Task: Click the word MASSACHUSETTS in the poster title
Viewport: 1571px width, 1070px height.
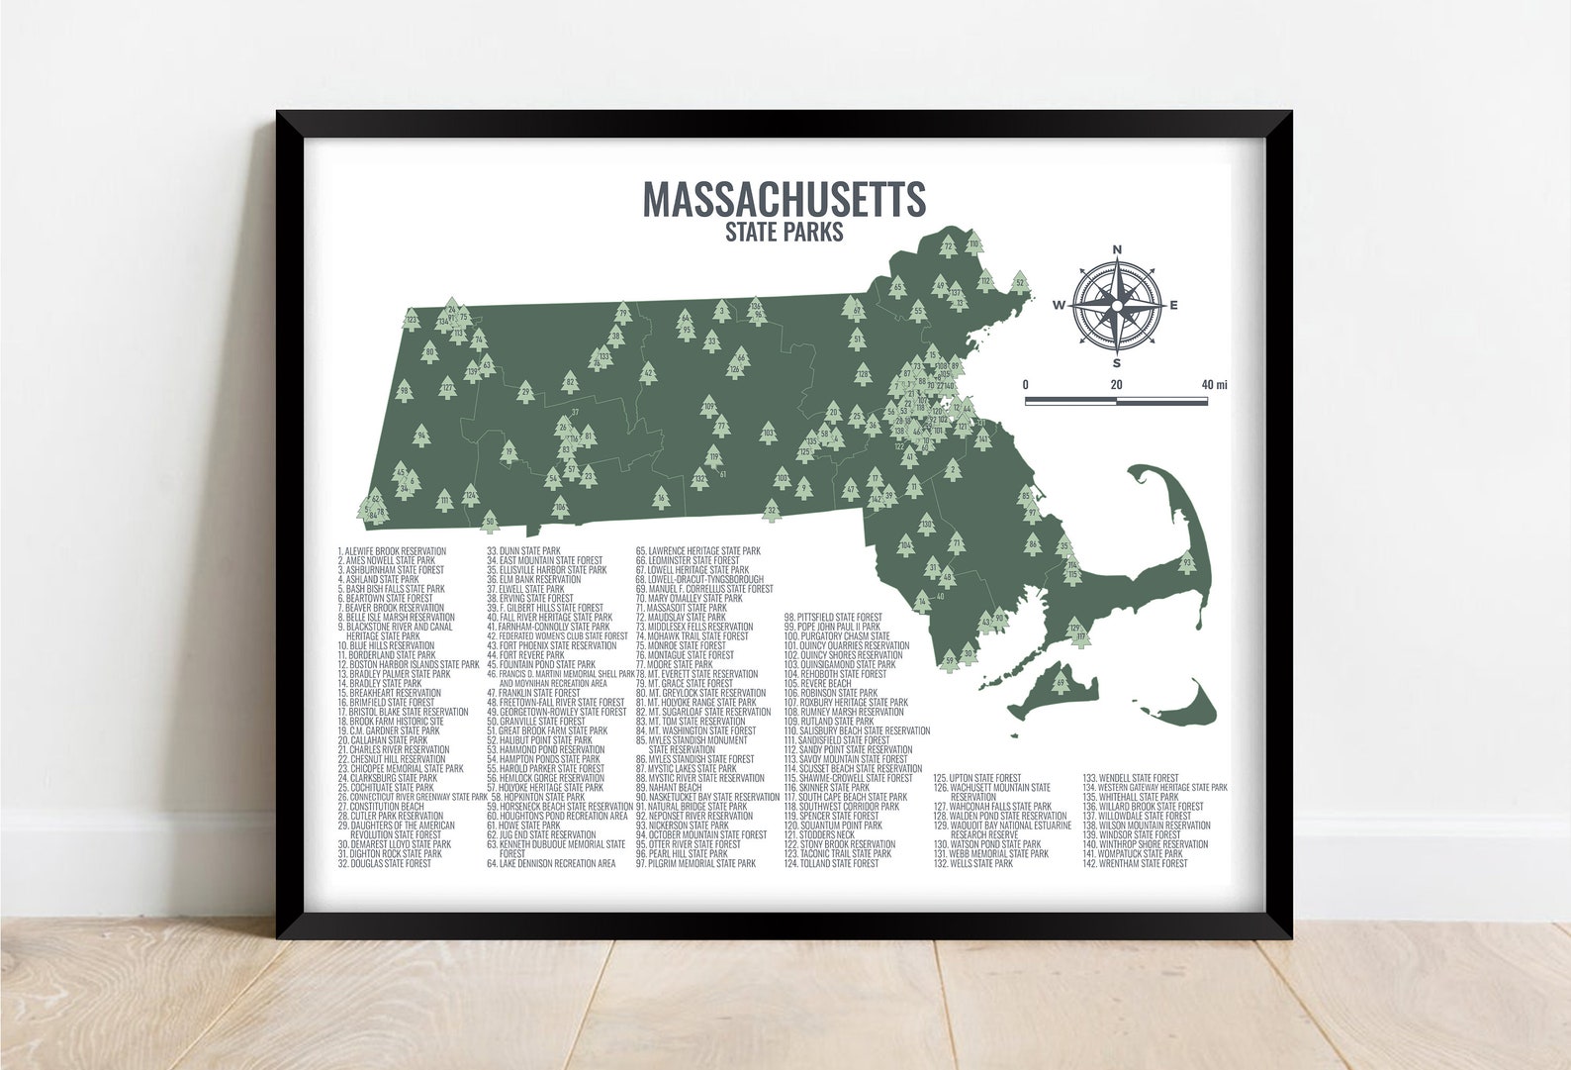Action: [785, 198]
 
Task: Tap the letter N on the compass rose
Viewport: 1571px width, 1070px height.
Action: [1117, 249]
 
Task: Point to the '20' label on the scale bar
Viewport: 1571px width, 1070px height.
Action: [1116, 384]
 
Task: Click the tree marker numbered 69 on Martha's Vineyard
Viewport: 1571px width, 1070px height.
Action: [1061, 684]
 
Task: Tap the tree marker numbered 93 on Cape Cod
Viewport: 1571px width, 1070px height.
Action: [1187, 564]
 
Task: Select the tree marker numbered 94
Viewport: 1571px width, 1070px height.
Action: [421, 436]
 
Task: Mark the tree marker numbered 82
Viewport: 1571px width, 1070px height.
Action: [570, 379]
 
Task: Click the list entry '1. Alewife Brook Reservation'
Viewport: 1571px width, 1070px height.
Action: [392, 551]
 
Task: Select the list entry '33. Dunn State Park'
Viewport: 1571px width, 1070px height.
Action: [523, 551]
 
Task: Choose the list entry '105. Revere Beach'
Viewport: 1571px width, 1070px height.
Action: [817, 683]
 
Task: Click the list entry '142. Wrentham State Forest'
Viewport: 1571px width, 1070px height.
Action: [1135, 864]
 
